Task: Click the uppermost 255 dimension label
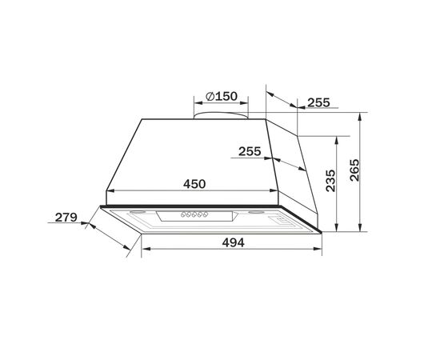tap(318, 102)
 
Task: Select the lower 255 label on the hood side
tap(250, 150)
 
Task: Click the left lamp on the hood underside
tap(136, 212)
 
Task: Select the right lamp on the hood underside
tap(257, 213)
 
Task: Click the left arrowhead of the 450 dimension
tap(110, 191)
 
